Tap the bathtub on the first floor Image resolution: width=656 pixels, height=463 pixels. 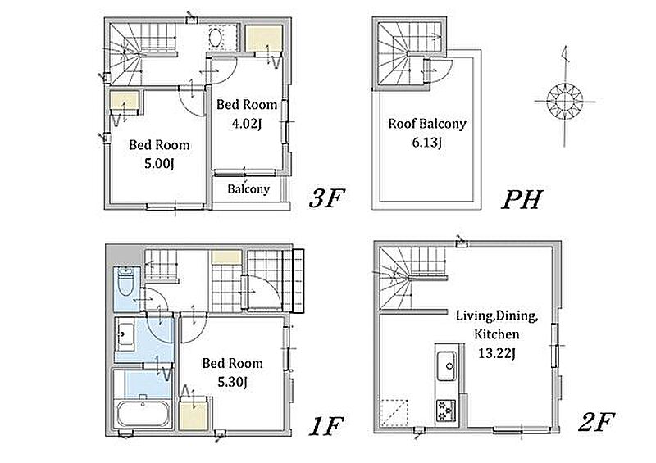[143, 413]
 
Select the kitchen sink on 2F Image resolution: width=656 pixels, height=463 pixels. [447, 366]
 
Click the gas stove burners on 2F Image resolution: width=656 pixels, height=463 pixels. [445, 411]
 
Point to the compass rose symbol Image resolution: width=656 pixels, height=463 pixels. [564, 100]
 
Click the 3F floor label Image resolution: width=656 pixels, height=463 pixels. [326, 198]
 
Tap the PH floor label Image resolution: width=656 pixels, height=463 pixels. [522, 199]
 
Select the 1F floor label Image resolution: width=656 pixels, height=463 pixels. [326, 426]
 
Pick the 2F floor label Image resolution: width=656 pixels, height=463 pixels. [596, 421]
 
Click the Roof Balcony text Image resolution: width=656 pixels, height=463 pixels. [426, 124]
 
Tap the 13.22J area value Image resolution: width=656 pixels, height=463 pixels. [497, 354]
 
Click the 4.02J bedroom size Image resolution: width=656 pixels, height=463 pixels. [247, 124]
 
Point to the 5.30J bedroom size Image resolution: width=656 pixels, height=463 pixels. [233, 382]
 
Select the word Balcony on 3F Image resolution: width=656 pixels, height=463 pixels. [248, 189]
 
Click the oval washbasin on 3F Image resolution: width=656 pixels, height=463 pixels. [216, 38]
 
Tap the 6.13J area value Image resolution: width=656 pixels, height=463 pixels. [426, 143]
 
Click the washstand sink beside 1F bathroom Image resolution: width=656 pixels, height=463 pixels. [125, 334]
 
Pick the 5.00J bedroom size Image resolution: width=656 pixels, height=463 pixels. [159, 164]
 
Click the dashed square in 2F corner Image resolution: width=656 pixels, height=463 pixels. [394, 412]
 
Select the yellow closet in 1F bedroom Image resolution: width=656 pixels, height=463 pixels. [194, 415]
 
